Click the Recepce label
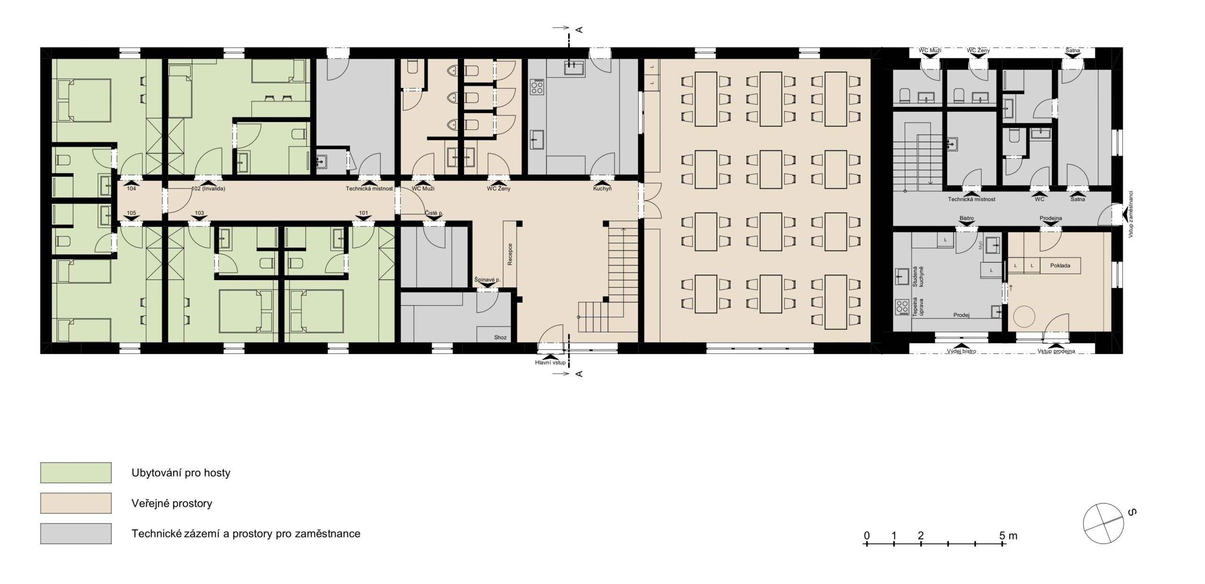510,254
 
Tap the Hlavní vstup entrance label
550,363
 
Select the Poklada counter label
1060,266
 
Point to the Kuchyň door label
602,189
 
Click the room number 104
131,188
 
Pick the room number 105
131,213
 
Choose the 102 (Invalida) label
209,189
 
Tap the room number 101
363,213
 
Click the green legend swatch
76,473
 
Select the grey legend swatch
76,534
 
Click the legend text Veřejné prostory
172,503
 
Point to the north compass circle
1103,523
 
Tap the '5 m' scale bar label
1008,535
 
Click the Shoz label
500,338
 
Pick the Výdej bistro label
962,351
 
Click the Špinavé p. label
487,280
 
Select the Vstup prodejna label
1056,351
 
